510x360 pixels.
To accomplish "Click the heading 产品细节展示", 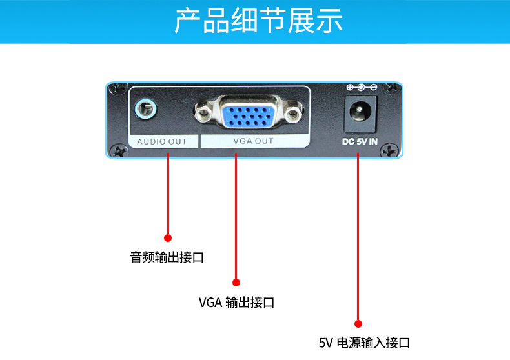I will (x=258, y=21).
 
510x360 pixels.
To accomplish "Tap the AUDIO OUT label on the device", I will (x=161, y=141).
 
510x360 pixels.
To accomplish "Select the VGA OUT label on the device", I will (x=253, y=141).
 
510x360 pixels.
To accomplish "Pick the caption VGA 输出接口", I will (x=236, y=302).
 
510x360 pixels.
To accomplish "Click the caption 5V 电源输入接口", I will (x=364, y=343).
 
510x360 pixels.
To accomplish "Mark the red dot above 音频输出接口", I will (x=168, y=238).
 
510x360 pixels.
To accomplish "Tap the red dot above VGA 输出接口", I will (x=236, y=282).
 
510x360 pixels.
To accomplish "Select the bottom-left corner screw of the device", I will (x=118, y=150).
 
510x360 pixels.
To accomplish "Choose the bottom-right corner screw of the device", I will (x=389, y=150).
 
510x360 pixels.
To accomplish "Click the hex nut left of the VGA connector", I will (x=205, y=115).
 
